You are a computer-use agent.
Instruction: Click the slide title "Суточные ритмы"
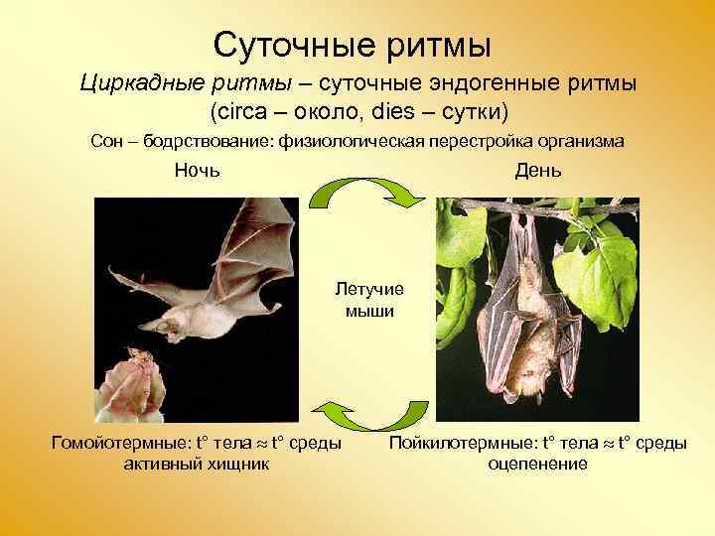(353, 44)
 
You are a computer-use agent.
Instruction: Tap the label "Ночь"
(197, 171)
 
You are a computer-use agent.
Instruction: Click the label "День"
(537, 171)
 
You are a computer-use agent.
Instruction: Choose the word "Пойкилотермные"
(457, 443)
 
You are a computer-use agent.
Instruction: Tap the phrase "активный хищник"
(196, 464)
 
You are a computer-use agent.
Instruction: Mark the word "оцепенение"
(537, 464)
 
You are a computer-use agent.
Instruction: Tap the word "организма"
(579, 141)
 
